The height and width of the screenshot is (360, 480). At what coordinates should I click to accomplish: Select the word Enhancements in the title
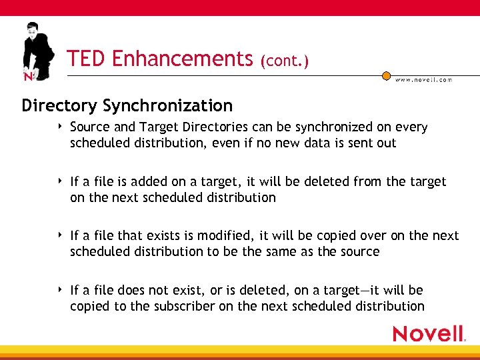click(x=182, y=59)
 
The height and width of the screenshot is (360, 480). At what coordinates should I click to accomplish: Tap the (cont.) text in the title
click(x=285, y=61)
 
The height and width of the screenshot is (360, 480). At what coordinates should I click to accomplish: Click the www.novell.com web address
click(x=423, y=79)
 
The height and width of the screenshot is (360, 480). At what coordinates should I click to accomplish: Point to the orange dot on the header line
click(x=386, y=75)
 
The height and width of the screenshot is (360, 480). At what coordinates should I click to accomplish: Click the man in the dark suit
click(x=36, y=50)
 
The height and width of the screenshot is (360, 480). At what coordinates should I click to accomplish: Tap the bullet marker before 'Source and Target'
click(x=61, y=126)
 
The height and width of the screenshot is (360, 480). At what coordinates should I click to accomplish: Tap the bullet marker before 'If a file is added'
click(x=61, y=181)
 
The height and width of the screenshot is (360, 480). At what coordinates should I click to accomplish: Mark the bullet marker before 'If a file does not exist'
click(x=61, y=289)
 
